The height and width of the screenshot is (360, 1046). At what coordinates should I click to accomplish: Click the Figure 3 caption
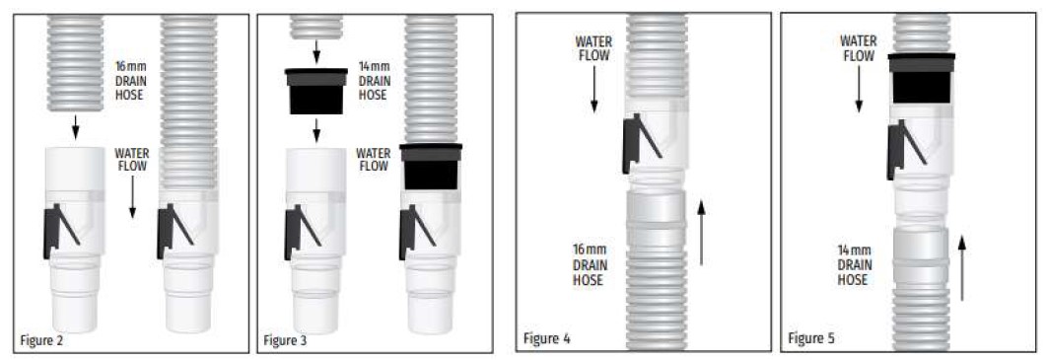point(285,340)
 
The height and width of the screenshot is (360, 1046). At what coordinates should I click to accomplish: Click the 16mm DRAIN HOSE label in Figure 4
point(589,264)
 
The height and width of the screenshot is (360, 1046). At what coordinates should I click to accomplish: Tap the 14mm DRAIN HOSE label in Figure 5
point(854,265)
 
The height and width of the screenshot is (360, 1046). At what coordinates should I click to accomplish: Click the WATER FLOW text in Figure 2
point(132,160)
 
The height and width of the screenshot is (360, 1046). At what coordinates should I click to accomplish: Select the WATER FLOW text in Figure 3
point(374,160)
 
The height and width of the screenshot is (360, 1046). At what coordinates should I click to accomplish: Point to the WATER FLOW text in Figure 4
point(593,48)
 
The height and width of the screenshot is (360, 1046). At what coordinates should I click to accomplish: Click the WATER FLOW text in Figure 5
point(858,48)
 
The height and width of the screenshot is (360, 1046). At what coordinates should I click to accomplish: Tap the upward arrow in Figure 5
point(961,268)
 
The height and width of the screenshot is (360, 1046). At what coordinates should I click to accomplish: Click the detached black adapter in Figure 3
point(316,91)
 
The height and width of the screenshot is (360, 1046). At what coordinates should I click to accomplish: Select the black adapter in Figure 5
point(921,78)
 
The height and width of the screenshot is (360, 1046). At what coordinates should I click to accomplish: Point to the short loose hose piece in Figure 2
point(75,63)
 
